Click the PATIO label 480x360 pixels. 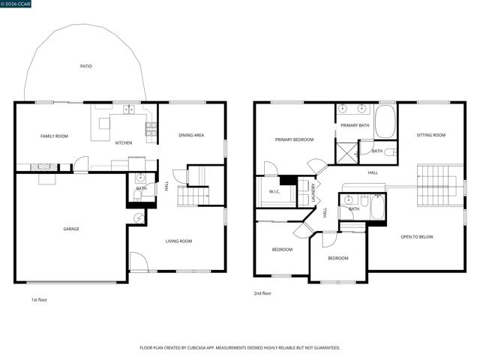86,67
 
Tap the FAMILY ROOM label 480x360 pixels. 54,136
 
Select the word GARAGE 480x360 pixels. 71,229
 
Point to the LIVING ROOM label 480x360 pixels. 179,241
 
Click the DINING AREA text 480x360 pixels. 191,135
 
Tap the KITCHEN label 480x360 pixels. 123,142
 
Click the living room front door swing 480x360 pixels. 139,262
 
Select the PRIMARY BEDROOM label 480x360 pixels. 294,139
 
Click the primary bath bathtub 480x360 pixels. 385,122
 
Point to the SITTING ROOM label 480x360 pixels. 430,135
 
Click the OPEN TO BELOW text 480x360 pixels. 417,237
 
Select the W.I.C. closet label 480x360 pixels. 274,191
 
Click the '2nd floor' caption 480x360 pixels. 262,293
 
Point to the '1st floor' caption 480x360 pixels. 39,299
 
